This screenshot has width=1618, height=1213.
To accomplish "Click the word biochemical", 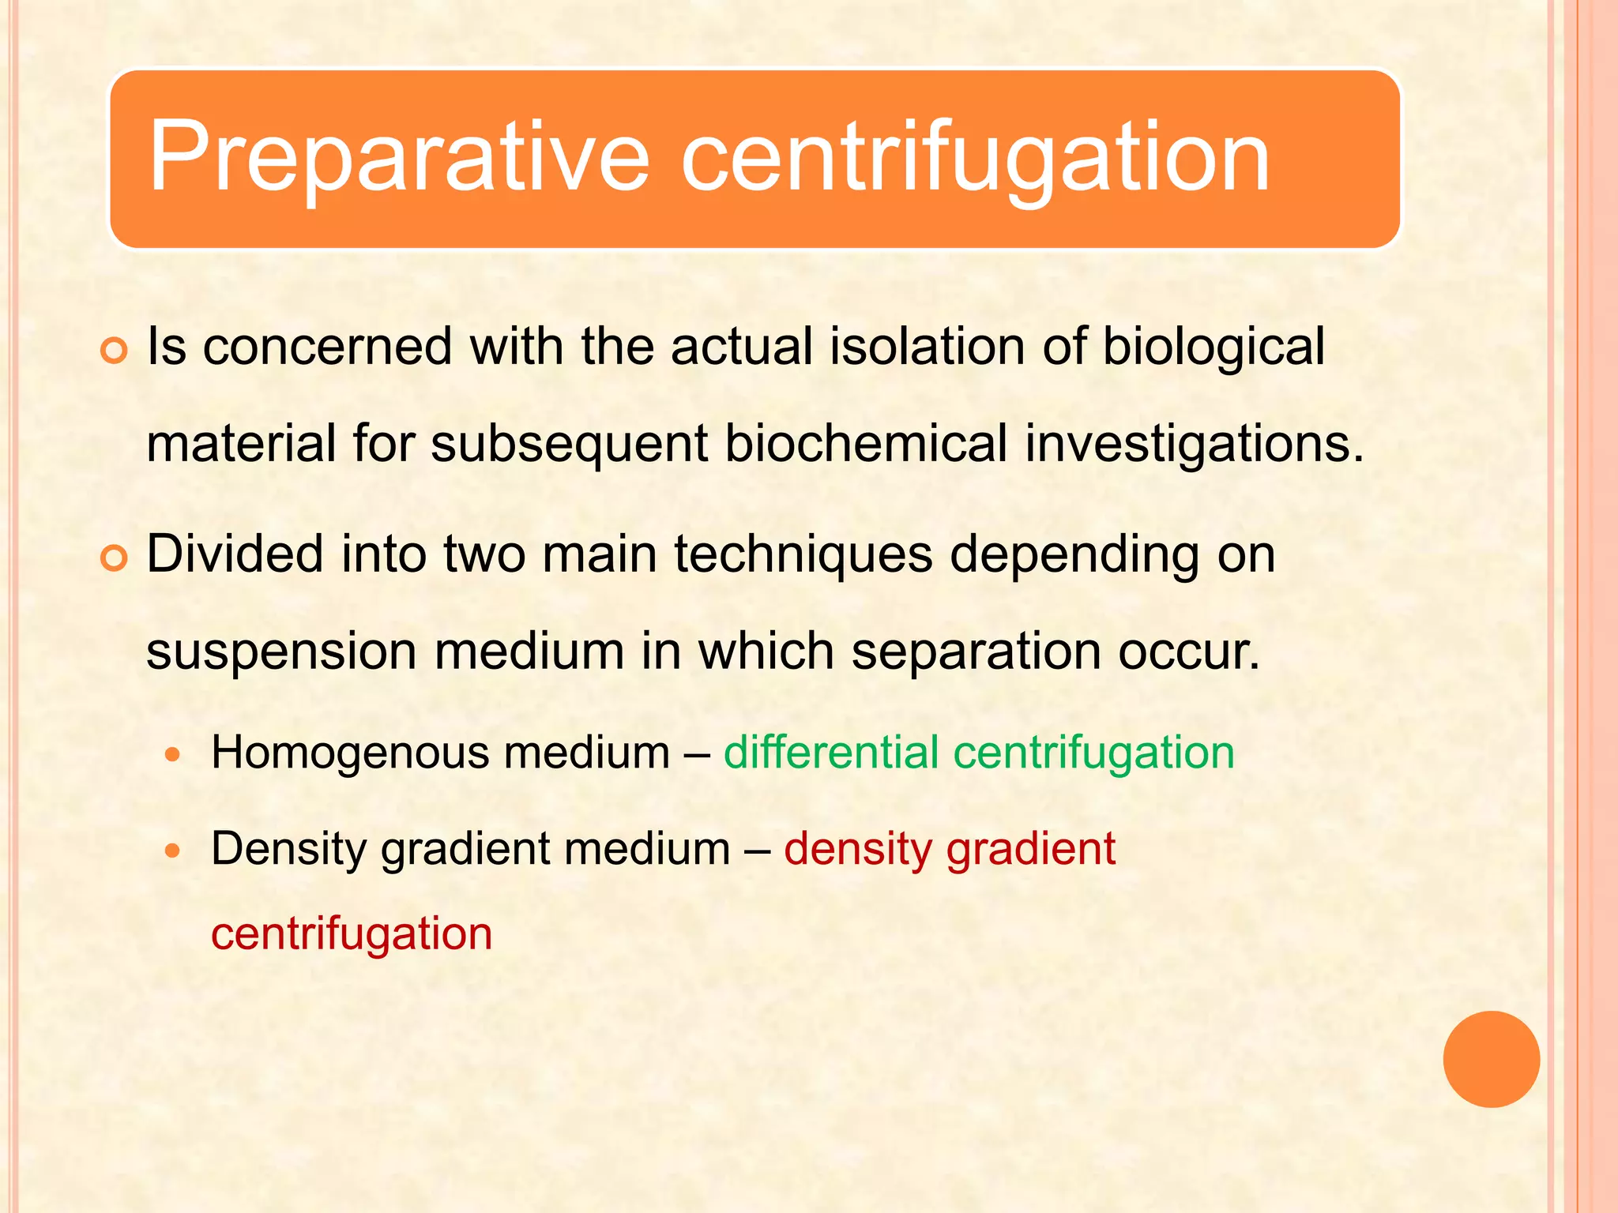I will pos(866,443).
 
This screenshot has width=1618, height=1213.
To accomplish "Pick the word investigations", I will pos(1195,445).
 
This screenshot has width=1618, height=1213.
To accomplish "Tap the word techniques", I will pos(803,555).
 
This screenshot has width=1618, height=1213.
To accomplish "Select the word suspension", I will pos(282,652).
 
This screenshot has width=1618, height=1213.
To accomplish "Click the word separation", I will pos(976,652).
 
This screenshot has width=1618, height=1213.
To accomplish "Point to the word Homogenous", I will pos(350,753).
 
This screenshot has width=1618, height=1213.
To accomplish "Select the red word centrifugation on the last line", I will pos(352,934).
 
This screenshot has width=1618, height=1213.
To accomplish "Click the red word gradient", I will pos(1031,850).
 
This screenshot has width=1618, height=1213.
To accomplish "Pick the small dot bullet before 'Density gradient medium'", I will pos(174,851).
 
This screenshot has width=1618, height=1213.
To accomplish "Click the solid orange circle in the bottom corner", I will pos(1491,1059).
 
